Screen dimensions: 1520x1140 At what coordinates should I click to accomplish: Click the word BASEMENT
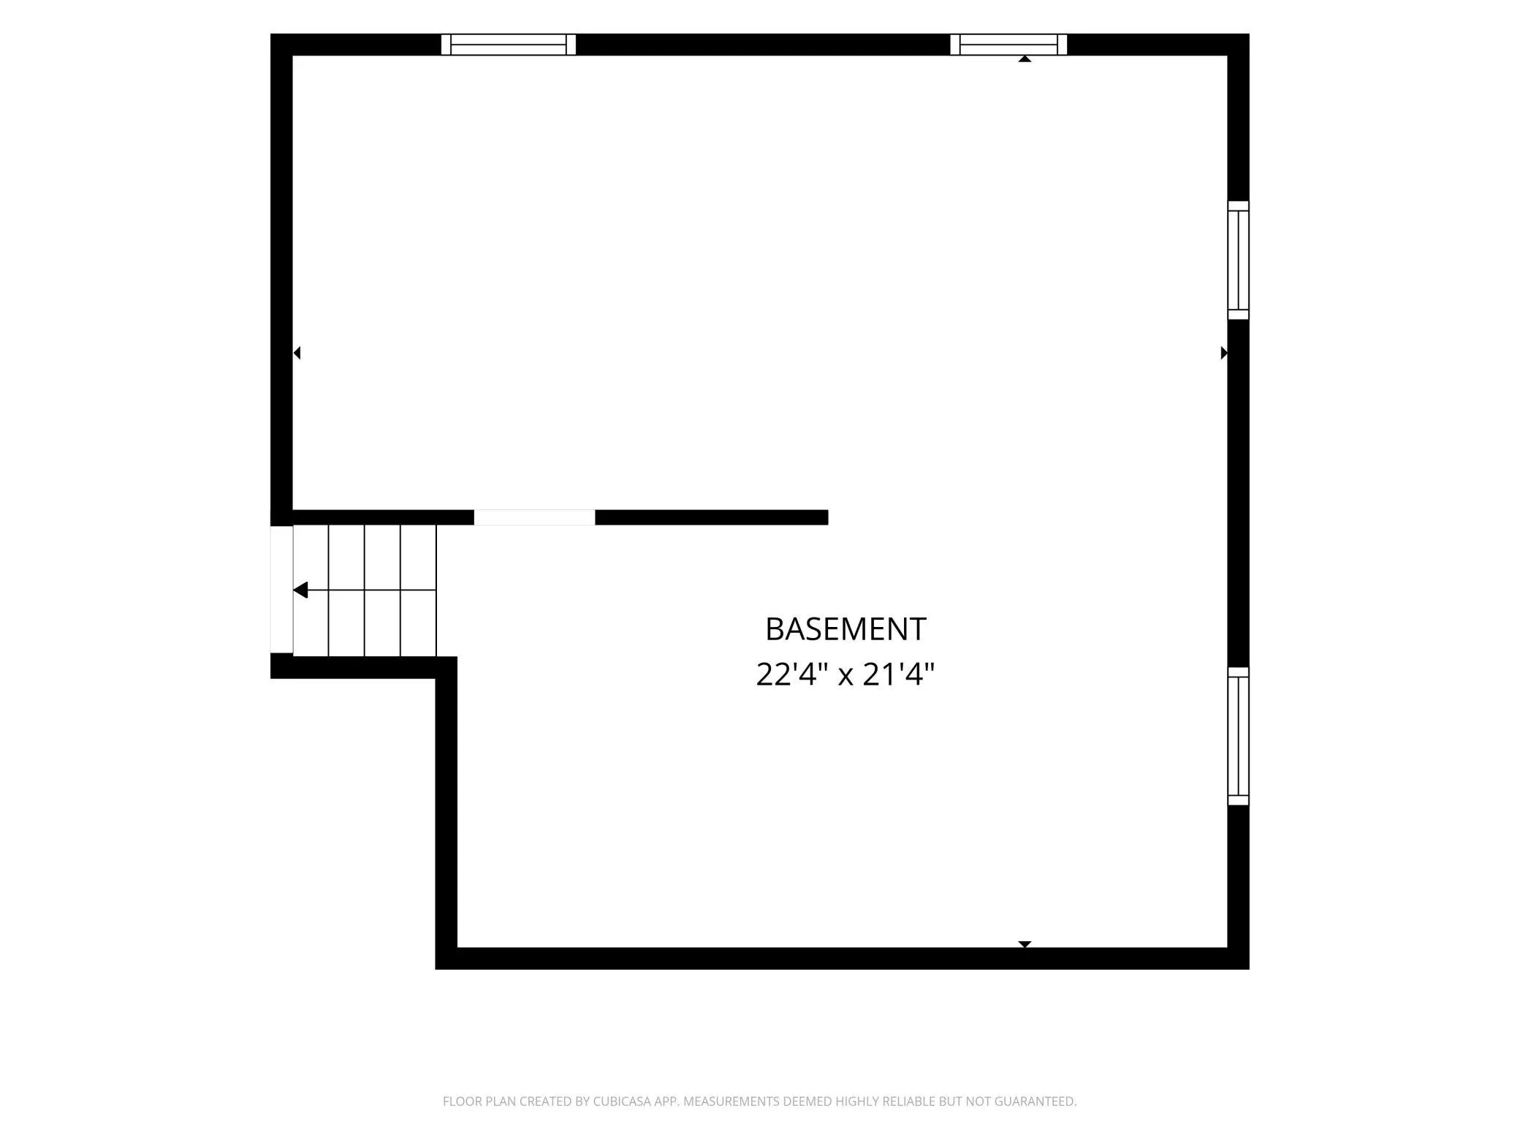tap(845, 629)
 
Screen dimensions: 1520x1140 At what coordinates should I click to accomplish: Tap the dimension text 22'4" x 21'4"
tap(845, 674)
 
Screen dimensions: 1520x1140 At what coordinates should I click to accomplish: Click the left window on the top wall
tap(509, 45)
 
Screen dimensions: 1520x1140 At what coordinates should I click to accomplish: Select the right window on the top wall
tap(1008, 45)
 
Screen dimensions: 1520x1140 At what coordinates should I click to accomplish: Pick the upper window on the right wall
tap(1238, 260)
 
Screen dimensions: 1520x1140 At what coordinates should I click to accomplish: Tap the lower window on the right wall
tap(1238, 736)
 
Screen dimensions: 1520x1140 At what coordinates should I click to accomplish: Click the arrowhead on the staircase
tap(300, 590)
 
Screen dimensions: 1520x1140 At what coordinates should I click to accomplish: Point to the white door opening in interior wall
tap(534, 517)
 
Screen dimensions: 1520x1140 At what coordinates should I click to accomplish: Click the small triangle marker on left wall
tap(297, 353)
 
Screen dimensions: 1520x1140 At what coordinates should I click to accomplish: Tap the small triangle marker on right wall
tap(1224, 353)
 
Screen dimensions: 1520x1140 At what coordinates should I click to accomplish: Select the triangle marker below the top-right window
tap(1025, 58)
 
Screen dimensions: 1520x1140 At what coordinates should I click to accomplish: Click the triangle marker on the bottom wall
tap(1025, 944)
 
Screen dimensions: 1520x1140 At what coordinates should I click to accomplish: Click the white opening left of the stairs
tap(282, 589)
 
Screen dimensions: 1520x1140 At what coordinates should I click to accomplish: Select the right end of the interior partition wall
tap(827, 517)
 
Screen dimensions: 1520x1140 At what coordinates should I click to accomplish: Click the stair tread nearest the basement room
tap(419, 590)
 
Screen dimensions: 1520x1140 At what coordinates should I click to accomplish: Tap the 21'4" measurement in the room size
tap(899, 674)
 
